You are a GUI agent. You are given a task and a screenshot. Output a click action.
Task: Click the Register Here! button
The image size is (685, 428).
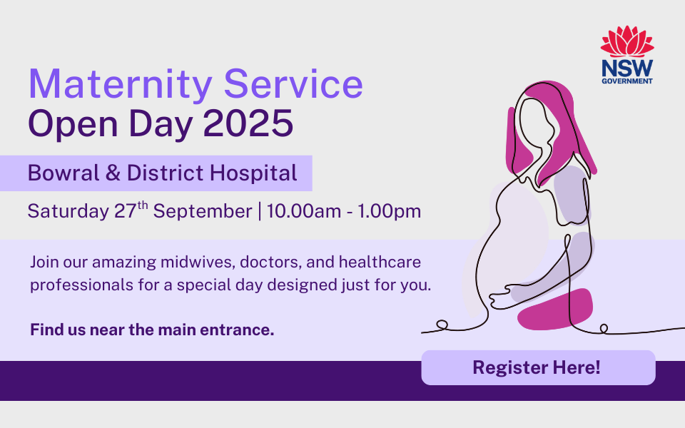pos(538,367)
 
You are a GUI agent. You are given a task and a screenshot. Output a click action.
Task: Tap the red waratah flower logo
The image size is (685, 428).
pos(627,41)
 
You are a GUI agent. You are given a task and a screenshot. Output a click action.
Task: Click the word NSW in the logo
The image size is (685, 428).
pos(627,68)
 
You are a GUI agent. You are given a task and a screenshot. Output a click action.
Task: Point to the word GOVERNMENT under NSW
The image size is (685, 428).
pos(627,81)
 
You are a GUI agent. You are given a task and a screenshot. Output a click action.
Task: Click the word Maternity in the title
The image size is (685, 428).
pos(121,84)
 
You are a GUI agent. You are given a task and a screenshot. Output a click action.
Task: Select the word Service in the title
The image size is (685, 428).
pos(293,83)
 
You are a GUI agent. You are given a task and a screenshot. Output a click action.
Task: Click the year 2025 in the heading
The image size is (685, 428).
pos(248,123)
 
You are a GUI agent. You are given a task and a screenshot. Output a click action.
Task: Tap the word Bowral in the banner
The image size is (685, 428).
pos(64,173)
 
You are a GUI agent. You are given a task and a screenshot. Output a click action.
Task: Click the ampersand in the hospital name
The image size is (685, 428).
pos(113,173)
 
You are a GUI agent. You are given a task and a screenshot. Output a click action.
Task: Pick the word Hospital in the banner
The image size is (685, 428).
pos(253,173)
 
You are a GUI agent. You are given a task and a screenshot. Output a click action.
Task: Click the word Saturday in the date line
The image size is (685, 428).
pos(68,211)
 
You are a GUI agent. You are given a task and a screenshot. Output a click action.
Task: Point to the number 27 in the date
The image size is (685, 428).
pos(126,211)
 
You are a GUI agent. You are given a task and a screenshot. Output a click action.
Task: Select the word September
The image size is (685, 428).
pos(203,212)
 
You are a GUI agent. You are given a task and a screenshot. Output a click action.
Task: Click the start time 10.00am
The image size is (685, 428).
pos(304,211)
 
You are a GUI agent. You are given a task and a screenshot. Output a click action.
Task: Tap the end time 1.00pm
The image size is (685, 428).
pos(390,212)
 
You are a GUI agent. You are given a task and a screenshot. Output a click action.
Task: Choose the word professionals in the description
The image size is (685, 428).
pos(81,285)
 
